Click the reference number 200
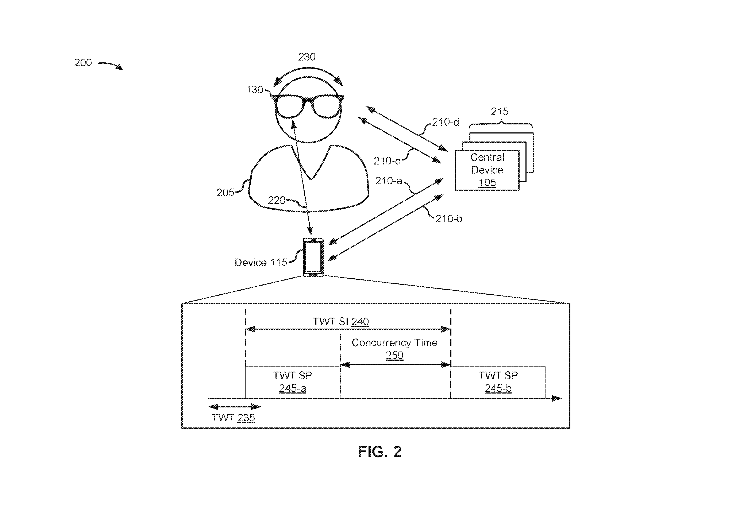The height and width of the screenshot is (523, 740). [x=83, y=62]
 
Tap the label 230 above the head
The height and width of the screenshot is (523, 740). [x=307, y=57]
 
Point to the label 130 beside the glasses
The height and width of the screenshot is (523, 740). [x=255, y=90]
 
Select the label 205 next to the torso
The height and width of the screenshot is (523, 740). [x=225, y=193]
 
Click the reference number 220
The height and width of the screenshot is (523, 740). [x=277, y=200]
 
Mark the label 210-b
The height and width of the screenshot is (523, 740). [x=449, y=219]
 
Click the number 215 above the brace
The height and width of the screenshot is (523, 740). [x=500, y=112]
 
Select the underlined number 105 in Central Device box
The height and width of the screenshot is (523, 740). [x=487, y=183]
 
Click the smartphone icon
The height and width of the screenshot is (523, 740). [x=313, y=257]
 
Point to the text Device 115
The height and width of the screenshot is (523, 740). [x=261, y=263]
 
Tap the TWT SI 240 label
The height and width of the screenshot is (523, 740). [x=341, y=322]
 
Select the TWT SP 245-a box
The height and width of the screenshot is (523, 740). [x=293, y=382]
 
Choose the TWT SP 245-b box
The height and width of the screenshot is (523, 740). [x=498, y=382]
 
